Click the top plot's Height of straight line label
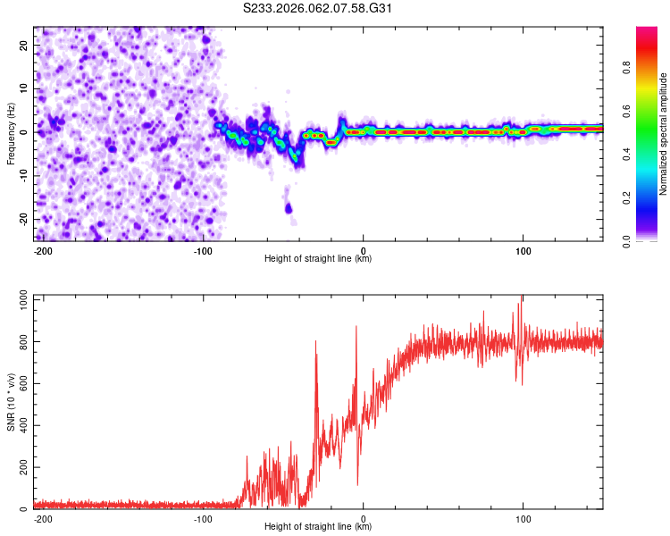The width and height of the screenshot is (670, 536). click(318, 258)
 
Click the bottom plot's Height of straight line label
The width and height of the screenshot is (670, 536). click(318, 526)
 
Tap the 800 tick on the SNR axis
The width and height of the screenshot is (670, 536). click(21, 342)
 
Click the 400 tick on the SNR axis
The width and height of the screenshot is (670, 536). click(21, 426)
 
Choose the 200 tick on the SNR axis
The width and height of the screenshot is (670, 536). click(21, 468)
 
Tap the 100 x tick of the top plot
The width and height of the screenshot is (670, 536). click(523, 249)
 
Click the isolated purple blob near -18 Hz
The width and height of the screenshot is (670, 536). click(289, 208)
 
